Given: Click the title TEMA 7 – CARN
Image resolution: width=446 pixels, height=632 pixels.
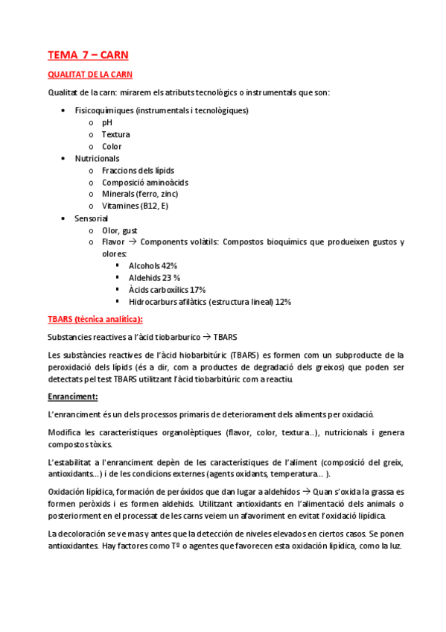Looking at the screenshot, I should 88,54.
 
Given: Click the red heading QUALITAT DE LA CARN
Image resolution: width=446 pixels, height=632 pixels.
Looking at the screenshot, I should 90,75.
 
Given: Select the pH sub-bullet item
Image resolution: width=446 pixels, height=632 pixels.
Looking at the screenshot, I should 107,122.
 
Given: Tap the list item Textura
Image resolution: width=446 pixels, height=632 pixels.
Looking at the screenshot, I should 115,134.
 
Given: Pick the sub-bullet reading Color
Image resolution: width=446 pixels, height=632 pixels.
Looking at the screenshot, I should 112,146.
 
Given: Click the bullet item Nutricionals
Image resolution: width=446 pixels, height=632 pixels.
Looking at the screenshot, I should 97,158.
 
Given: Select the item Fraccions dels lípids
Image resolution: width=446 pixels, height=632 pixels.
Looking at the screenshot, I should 138,170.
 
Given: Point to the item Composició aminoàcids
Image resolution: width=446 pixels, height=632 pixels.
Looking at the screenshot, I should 144,182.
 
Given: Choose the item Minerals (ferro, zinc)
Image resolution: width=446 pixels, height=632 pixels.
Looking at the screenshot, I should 140,194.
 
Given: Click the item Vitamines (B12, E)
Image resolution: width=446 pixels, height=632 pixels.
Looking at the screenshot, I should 136,206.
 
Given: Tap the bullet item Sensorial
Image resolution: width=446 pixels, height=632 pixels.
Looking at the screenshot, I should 91,218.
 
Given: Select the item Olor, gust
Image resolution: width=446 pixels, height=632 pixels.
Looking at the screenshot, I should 119,230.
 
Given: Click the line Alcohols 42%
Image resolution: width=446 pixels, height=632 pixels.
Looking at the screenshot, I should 153,265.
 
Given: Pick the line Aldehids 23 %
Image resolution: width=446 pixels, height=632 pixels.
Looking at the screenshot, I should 154,277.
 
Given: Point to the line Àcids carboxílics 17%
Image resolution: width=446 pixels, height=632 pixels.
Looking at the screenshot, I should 167,289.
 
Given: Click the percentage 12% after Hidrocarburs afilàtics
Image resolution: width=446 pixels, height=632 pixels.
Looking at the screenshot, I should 283,301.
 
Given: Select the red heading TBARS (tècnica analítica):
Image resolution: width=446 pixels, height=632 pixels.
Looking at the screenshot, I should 95,319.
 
